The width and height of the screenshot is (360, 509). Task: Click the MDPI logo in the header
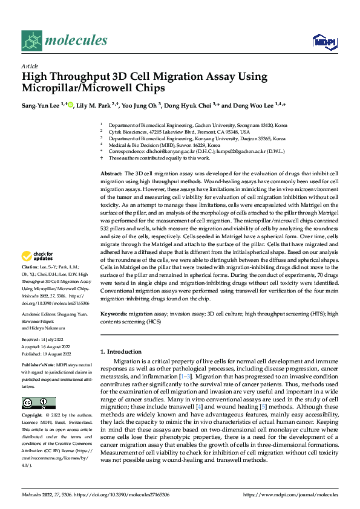click(x=324, y=41)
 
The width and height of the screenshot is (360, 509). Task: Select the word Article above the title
click(x=30, y=66)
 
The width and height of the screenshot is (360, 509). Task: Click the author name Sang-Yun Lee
click(x=44, y=105)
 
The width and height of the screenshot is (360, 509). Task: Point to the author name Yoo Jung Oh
click(x=139, y=105)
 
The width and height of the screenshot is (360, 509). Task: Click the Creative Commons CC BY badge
click(x=38, y=403)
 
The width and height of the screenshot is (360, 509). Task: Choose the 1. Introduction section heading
click(x=122, y=351)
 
